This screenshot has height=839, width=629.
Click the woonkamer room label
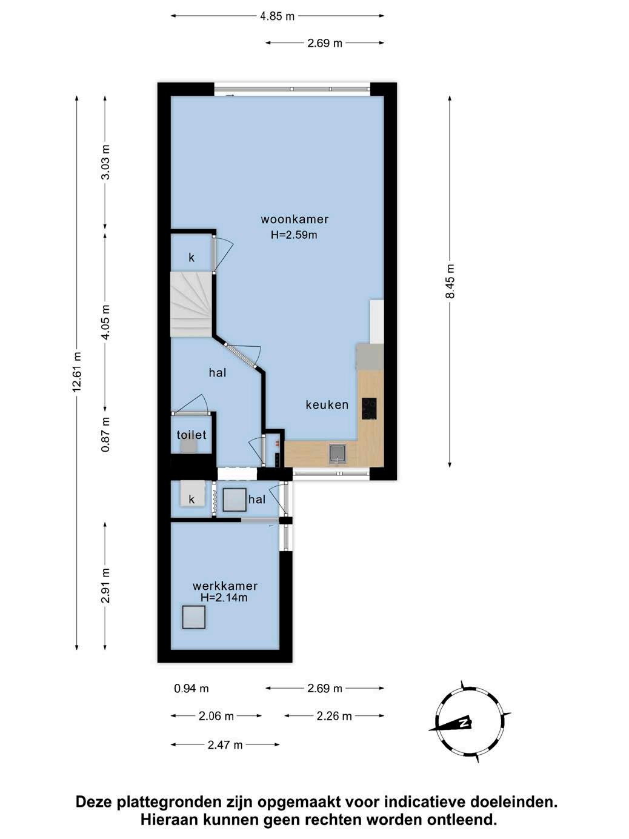point(295,219)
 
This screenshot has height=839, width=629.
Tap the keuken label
point(327,405)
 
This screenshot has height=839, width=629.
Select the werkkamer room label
point(225,586)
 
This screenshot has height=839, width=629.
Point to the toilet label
point(191,435)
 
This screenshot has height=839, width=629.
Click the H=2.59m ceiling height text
point(294,235)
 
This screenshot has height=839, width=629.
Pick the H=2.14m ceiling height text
point(224,598)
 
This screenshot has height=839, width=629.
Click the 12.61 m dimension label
point(77,372)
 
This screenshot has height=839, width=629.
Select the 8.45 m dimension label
point(450,281)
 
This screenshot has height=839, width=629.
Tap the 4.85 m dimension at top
point(278,16)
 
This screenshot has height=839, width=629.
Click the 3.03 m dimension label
point(105,162)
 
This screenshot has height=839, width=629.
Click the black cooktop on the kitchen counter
point(369,409)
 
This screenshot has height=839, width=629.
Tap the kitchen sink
point(338,453)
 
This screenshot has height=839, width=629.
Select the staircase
point(191,304)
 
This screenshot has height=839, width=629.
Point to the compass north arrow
point(450,724)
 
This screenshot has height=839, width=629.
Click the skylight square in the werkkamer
point(194,617)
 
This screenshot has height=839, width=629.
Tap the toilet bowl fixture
point(188,446)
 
